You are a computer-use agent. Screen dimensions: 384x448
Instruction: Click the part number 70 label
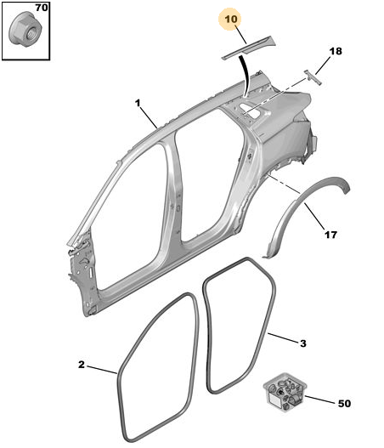pyautogui.click(x=42, y=8)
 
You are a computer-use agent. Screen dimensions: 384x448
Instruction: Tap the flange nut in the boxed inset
pyautogui.click(x=25, y=29)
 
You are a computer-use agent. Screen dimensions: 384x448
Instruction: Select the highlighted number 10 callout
pyautogui.click(x=231, y=20)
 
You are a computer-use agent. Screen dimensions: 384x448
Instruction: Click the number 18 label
pyautogui.click(x=336, y=51)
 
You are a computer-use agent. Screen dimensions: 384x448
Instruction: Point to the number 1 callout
pyautogui.click(x=138, y=103)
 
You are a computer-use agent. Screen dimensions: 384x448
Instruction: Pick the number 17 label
pyautogui.click(x=330, y=235)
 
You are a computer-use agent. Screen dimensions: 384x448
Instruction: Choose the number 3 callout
pyautogui.click(x=303, y=343)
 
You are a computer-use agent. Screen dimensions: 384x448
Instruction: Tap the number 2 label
pyautogui.click(x=82, y=365)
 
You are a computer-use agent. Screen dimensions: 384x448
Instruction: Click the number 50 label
pyautogui.click(x=344, y=404)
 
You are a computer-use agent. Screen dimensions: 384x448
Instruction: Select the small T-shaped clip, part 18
pyautogui.click(x=313, y=77)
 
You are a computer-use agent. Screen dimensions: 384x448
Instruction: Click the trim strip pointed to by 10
pyautogui.click(x=248, y=48)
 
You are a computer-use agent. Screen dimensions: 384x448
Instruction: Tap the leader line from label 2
pyautogui.click(x=102, y=370)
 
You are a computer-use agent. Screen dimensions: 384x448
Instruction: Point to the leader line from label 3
pyautogui.click(x=283, y=337)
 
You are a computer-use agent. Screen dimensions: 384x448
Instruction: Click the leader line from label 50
pyautogui.click(x=319, y=400)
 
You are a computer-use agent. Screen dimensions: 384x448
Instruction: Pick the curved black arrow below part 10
pyautogui.click(x=246, y=76)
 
